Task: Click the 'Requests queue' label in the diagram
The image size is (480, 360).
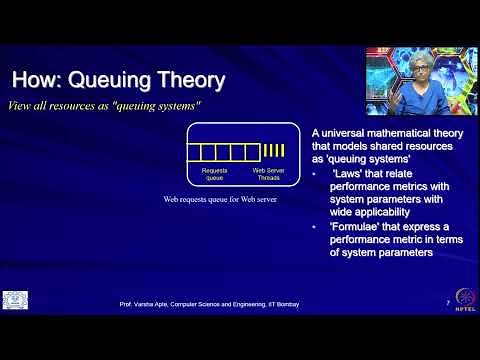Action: [x=215, y=173]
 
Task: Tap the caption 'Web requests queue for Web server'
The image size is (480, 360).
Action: [x=220, y=200]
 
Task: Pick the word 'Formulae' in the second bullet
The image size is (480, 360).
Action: [x=353, y=228]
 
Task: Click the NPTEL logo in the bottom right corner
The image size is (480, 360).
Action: [x=463, y=301]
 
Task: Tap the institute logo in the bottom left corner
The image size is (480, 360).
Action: [x=15, y=301]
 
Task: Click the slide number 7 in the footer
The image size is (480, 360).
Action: [x=446, y=302]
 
